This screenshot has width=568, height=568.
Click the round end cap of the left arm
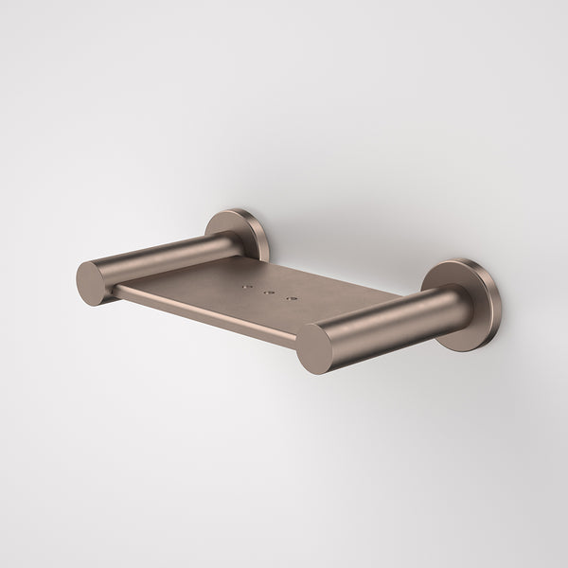(x=95, y=283)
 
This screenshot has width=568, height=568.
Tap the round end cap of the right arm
(x=314, y=349)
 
